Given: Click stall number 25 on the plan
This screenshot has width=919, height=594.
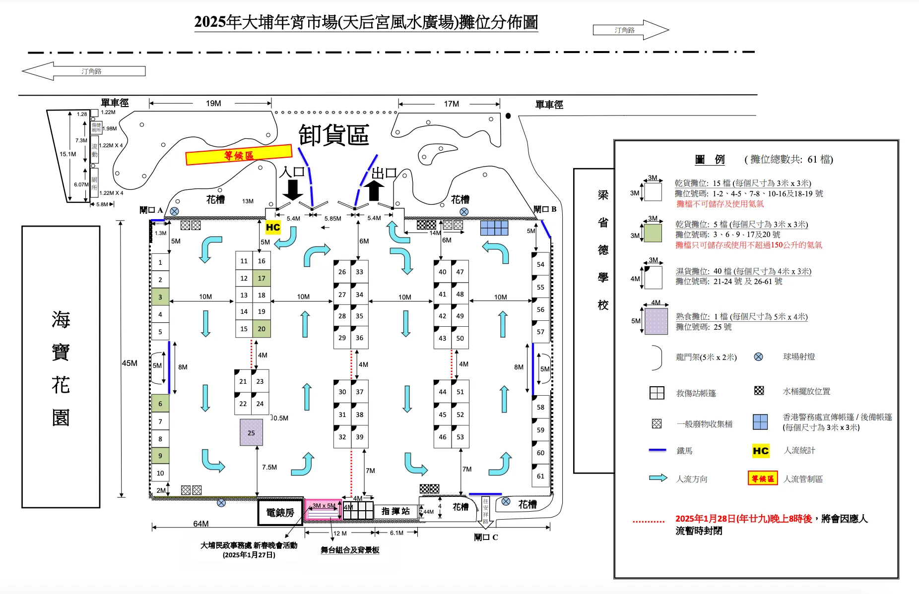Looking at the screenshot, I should click(x=251, y=432).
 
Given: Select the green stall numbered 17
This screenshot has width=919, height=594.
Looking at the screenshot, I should click(x=262, y=278).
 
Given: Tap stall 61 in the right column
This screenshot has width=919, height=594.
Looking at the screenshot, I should click(x=540, y=476).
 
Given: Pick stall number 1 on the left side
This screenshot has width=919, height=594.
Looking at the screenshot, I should click(x=160, y=262).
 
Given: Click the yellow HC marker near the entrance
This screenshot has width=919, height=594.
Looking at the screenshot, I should click(x=273, y=227).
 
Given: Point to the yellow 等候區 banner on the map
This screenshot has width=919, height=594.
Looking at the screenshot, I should click(x=239, y=155).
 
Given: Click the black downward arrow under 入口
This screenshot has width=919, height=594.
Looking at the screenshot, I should click(x=293, y=190).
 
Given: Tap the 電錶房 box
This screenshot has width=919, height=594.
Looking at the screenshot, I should click(x=280, y=512).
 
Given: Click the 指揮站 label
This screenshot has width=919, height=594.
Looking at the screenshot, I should click(x=395, y=511).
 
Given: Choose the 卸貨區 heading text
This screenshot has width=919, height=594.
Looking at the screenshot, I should click(x=333, y=134).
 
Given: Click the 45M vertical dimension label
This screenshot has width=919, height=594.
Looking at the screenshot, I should click(x=130, y=363).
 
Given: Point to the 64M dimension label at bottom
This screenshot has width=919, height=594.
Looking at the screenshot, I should click(x=201, y=524).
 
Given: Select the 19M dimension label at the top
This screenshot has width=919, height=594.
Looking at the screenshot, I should click(x=213, y=103).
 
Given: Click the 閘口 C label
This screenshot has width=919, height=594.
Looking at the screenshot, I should click(x=486, y=537).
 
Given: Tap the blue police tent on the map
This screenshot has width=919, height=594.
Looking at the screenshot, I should click(x=494, y=228).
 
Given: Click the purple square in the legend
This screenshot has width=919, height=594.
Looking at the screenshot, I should click(x=656, y=321).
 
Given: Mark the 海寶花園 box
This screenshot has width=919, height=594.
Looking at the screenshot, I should click(x=61, y=367).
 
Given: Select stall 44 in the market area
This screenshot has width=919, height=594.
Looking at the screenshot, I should click(x=443, y=392).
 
